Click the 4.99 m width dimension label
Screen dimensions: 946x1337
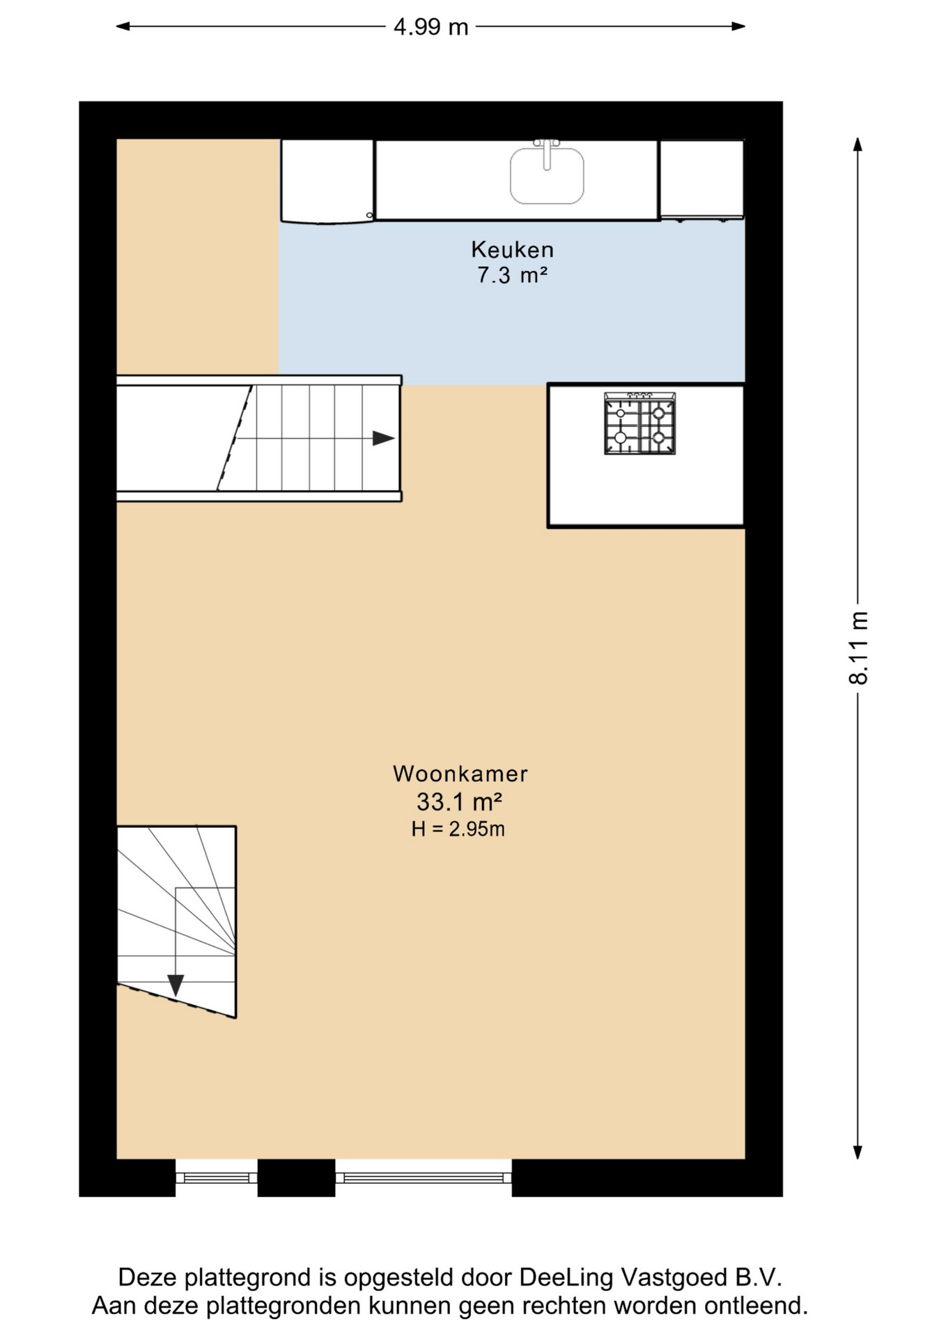click(431, 27)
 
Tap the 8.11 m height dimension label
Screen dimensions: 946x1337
click(858, 648)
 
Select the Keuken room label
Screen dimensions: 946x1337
click(512, 249)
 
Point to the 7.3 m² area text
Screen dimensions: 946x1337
click(512, 275)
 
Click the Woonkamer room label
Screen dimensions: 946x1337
click(460, 774)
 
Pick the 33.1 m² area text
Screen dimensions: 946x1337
click(460, 802)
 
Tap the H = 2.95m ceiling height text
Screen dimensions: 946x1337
click(458, 829)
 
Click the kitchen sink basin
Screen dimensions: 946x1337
click(547, 177)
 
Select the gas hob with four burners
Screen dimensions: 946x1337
click(639, 423)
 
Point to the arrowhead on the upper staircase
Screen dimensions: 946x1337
click(384, 438)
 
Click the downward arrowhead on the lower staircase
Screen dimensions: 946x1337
click(176, 985)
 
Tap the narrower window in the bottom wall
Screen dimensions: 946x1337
click(216, 1178)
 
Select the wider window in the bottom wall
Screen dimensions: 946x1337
click(424, 1178)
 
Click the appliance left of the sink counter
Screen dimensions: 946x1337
click(327, 181)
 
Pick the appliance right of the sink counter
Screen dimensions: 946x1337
click(701, 180)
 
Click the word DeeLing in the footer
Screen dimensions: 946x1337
click(566, 1278)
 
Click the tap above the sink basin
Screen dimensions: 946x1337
click(547, 154)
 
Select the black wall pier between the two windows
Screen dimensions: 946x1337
click(297, 1178)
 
